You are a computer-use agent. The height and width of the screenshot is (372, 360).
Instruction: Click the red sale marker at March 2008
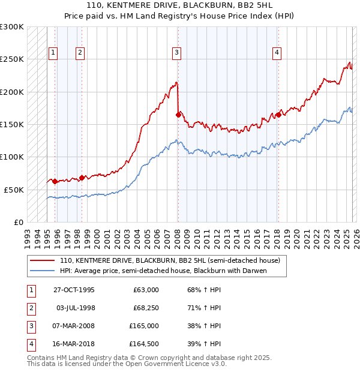tap(178, 115)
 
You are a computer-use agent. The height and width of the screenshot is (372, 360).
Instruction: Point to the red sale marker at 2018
tap(278, 115)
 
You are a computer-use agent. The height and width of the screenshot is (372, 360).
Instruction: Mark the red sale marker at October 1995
tap(55, 181)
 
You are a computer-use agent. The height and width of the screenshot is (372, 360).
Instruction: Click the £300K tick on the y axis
tap(12, 28)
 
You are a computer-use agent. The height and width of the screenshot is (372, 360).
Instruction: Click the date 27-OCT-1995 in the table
tap(74, 290)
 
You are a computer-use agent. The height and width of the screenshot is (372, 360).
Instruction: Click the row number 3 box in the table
tap(30, 326)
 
